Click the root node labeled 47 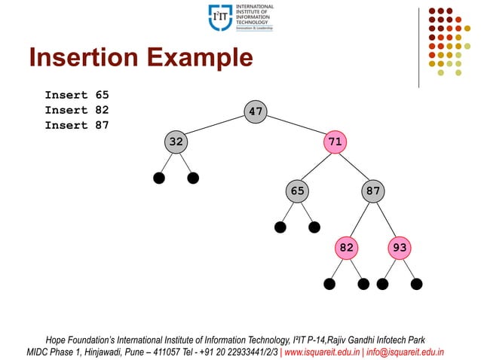256,111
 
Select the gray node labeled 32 176,141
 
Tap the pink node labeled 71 335,141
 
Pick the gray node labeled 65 298,191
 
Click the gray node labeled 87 373,191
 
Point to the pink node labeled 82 347,247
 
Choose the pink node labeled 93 400,247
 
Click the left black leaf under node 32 159,178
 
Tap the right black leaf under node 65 314,227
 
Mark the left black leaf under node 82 329,284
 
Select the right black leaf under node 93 417,284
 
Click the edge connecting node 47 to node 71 296,126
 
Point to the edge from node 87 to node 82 360,218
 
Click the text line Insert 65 77,95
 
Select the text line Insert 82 77,110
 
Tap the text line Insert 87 77,125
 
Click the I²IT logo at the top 221,17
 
